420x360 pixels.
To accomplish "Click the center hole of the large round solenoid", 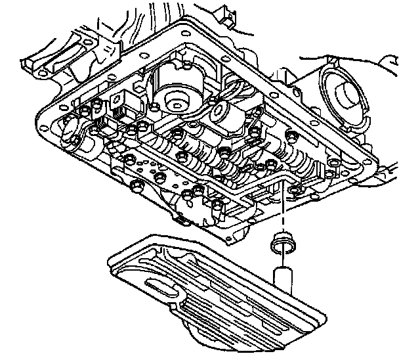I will coord(175,102).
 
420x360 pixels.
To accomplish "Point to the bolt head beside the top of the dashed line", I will coord(293,191).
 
